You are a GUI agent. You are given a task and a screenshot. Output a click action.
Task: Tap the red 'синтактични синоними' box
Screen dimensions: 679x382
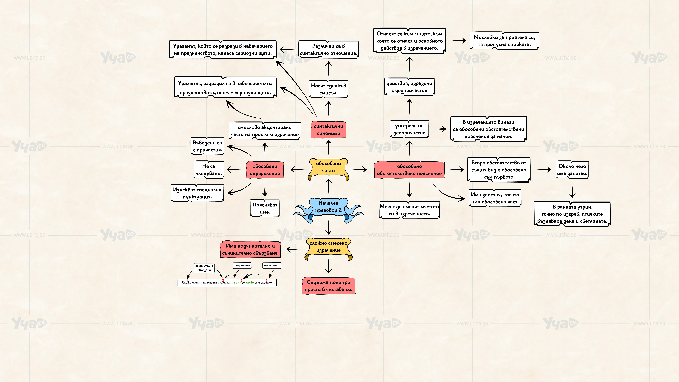(328, 129)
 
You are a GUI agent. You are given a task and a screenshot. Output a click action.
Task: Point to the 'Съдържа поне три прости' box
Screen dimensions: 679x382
(328, 285)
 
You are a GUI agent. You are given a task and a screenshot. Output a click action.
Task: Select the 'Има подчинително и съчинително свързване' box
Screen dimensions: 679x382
(250, 249)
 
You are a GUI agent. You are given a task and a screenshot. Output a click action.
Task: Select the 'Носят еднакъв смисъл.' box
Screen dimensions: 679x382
(328, 89)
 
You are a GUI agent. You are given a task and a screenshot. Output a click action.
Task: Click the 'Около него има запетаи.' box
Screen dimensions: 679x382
(572, 170)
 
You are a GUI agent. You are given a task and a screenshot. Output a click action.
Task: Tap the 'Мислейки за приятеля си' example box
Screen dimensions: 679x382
(504, 41)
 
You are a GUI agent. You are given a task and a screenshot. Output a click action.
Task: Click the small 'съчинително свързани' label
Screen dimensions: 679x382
(204, 268)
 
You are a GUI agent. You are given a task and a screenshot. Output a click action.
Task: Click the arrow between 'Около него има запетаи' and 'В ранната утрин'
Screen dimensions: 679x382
(572, 190)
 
